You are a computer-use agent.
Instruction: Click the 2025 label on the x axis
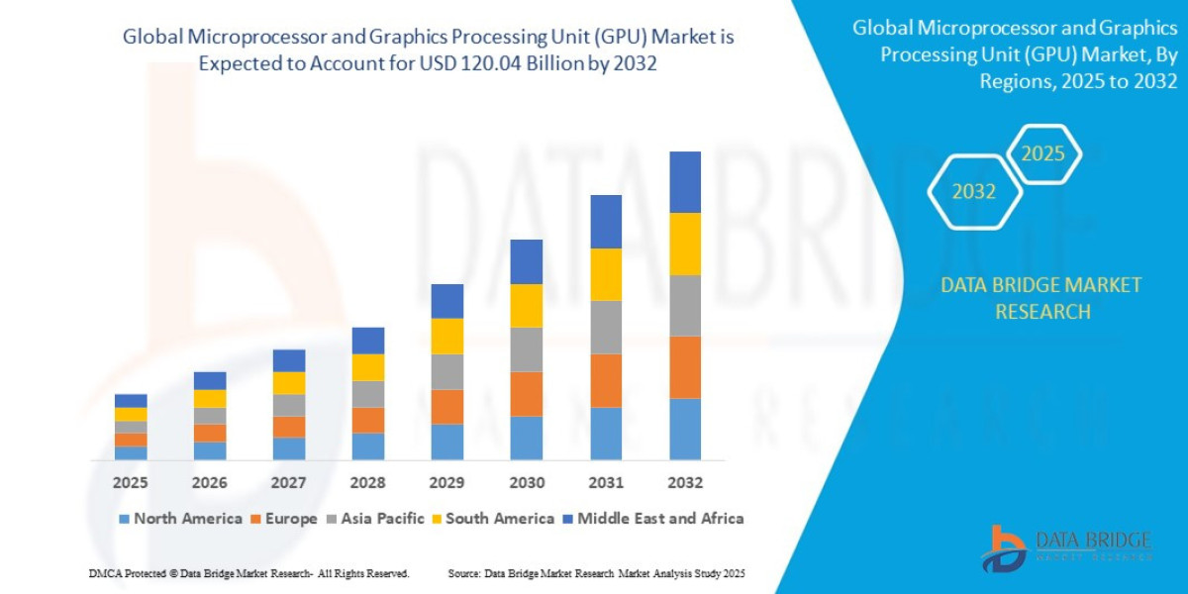[x=130, y=482]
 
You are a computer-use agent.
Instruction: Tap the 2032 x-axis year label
[x=685, y=482]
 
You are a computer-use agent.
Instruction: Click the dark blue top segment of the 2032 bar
[x=685, y=182]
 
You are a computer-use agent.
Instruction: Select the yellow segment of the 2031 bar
[x=606, y=274]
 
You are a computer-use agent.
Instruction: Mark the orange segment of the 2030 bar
[x=527, y=394]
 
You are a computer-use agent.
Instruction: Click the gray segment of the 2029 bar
[x=447, y=372]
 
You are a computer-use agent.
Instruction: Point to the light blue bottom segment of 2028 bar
[x=368, y=446]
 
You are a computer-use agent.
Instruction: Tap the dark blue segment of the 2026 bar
[x=210, y=381]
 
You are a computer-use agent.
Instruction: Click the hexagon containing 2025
[x=1042, y=153]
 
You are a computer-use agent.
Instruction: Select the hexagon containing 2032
[x=974, y=192]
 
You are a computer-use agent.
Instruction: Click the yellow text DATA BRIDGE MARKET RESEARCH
[x=1040, y=298]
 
